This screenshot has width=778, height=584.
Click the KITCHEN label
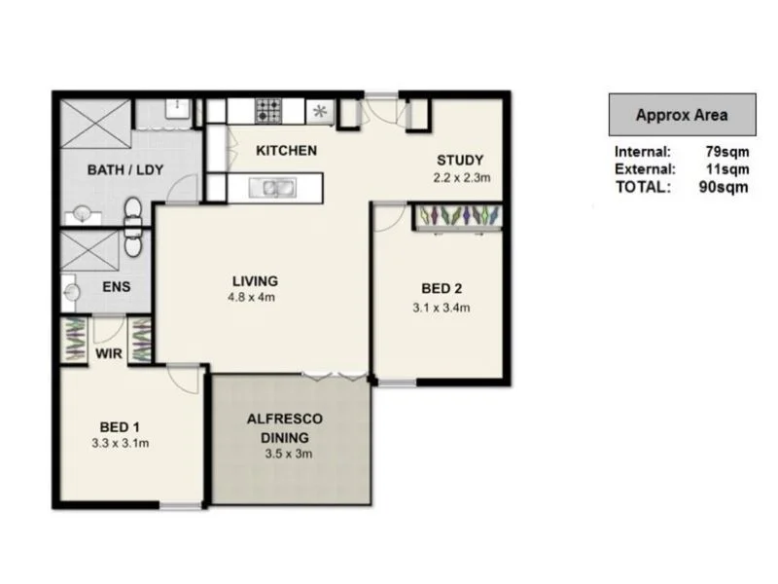[x=286, y=151]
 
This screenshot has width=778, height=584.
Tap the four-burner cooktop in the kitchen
[x=268, y=111]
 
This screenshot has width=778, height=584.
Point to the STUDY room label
[x=460, y=161]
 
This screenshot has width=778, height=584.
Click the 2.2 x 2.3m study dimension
[x=461, y=177]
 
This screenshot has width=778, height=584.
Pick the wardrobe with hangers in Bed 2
[x=458, y=216]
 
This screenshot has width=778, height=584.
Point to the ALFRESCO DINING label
[x=284, y=427]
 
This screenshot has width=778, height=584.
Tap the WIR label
[x=109, y=353]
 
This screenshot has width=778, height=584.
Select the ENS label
[x=117, y=288]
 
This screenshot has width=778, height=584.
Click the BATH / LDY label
[x=125, y=169]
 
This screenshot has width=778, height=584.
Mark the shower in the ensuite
[x=89, y=250]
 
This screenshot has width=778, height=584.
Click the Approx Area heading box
[x=681, y=115]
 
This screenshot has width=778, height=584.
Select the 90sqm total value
[x=725, y=187]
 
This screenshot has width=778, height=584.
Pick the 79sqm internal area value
[x=725, y=152]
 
